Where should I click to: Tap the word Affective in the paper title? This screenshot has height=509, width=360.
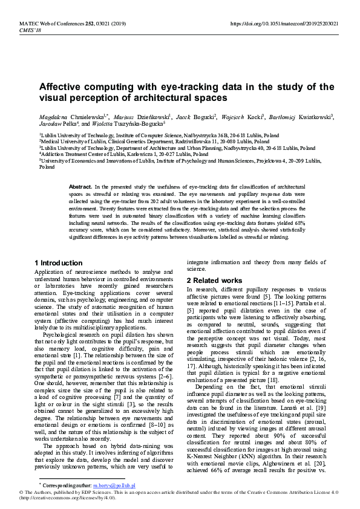click(65, 86)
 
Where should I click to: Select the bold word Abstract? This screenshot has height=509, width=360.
click(80, 188)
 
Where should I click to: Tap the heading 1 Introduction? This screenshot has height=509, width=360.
click(58, 263)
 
